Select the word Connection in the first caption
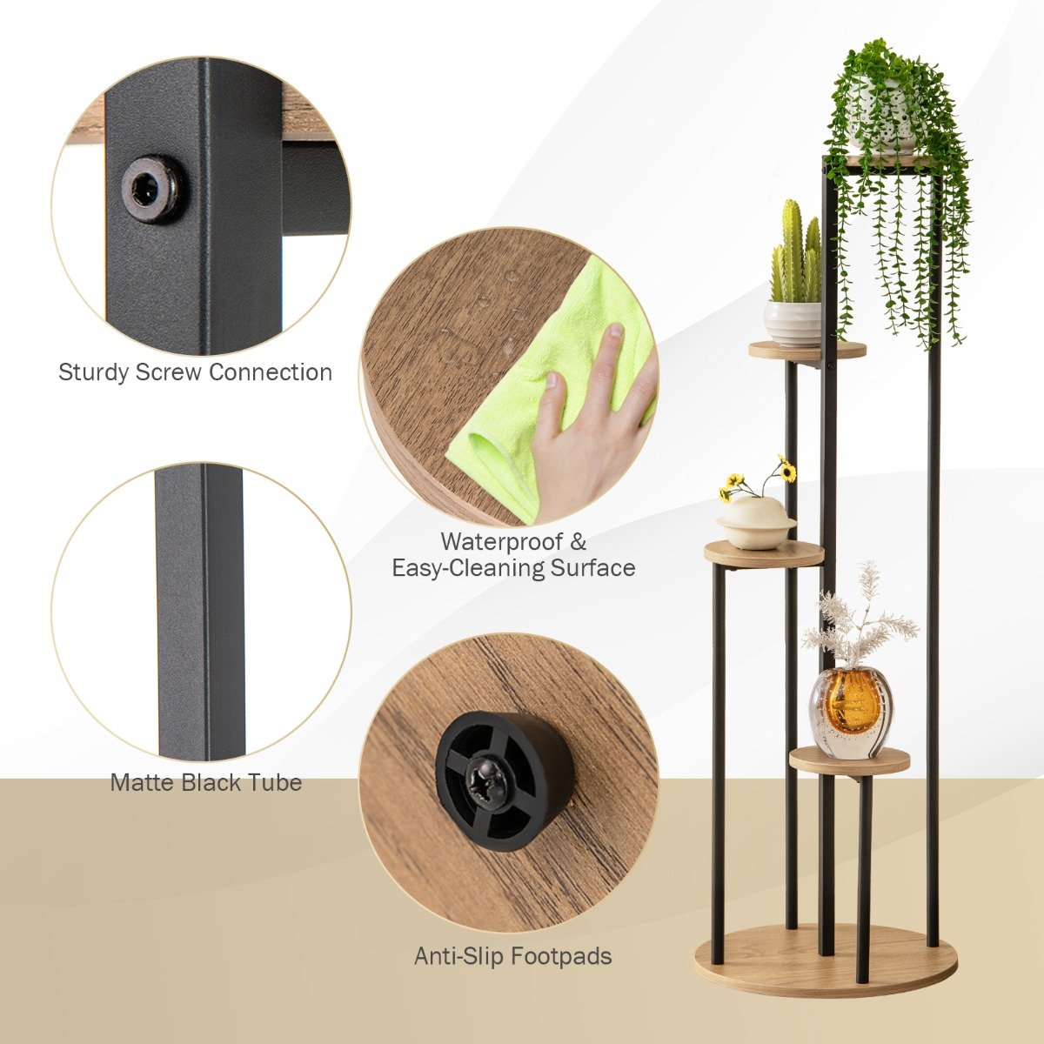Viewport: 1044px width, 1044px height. click(271, 373)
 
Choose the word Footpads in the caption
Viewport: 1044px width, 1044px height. click(561, 957)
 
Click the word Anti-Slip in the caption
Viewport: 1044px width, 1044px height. click(458, 957)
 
